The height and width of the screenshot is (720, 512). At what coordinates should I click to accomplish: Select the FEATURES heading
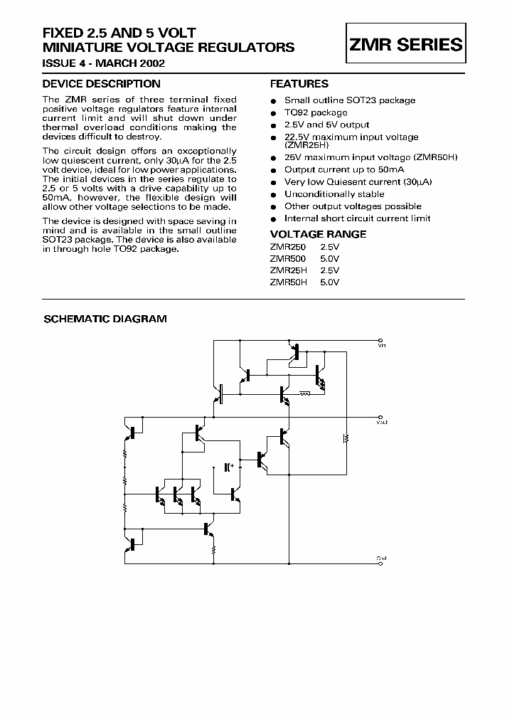tap(299, 84)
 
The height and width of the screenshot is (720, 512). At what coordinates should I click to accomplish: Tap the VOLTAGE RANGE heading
tap(319, 234)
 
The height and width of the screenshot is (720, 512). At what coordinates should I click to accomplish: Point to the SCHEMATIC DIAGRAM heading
tap(105, 319)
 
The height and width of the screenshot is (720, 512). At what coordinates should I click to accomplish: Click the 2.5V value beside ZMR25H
tap(330, 270)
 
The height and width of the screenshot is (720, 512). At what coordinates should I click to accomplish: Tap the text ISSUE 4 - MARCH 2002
tap(105, 63)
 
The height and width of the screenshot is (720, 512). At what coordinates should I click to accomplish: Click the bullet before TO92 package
tap(273, 113)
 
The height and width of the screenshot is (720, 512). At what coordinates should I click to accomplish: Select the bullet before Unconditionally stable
tap(273, 194)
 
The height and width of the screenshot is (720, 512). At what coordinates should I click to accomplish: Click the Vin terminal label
tap(382, 346)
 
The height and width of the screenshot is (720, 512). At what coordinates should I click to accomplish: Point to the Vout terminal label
tap(382, 423)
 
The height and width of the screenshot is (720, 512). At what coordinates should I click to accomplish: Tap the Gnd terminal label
tap(382, 558)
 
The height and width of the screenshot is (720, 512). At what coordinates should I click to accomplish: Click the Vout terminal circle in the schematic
tap(382, 417)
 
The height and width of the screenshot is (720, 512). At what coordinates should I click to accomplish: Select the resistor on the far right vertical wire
tap(346, 438)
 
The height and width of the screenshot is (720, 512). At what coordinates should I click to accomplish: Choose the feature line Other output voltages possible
tap(353, 206)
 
